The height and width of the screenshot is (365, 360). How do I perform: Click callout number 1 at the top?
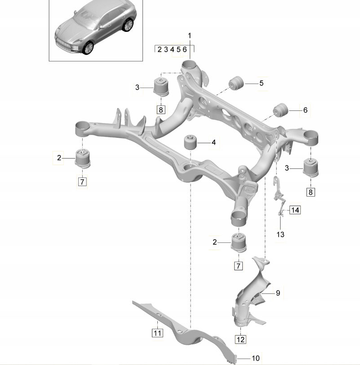pos(189,35)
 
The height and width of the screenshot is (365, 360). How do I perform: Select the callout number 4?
pos(213,142)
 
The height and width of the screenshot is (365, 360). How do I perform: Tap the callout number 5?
pos(261,83)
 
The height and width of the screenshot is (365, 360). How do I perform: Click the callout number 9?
pos(278,293)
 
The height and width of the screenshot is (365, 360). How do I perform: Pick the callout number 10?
pos(255,358)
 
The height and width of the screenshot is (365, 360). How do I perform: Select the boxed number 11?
pos(157,333)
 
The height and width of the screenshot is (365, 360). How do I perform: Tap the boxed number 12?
pos(240,339)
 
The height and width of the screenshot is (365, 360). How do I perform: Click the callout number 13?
pos(280,234)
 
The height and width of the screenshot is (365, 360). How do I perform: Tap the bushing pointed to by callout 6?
pos(281,110)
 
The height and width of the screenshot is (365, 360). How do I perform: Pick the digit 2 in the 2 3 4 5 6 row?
pos(160,49)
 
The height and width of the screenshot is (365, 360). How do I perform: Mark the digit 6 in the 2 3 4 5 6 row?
pos(184,49)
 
